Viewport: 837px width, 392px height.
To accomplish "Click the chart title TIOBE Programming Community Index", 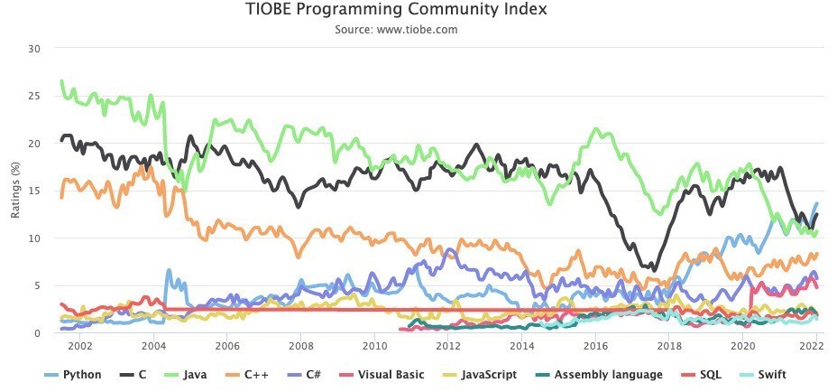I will (x=396, y=10).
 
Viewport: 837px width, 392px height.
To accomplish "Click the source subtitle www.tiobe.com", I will (x=396, y=29).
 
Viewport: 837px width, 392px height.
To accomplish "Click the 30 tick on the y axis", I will (x=34, y=48).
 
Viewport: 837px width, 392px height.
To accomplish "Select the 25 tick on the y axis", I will (x=34, y=96).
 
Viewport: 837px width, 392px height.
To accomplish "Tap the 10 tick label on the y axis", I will (x=34, y=238).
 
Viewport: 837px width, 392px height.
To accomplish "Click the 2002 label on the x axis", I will (x=79, y=346).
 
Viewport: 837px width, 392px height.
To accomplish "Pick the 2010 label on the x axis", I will (x=373, y=346).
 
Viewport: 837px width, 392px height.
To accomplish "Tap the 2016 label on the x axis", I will (x=594, y=346).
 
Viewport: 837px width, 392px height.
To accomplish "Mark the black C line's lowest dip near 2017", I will (x=652, y=268).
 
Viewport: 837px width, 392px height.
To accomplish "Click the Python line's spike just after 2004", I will (x=169, y=270).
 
